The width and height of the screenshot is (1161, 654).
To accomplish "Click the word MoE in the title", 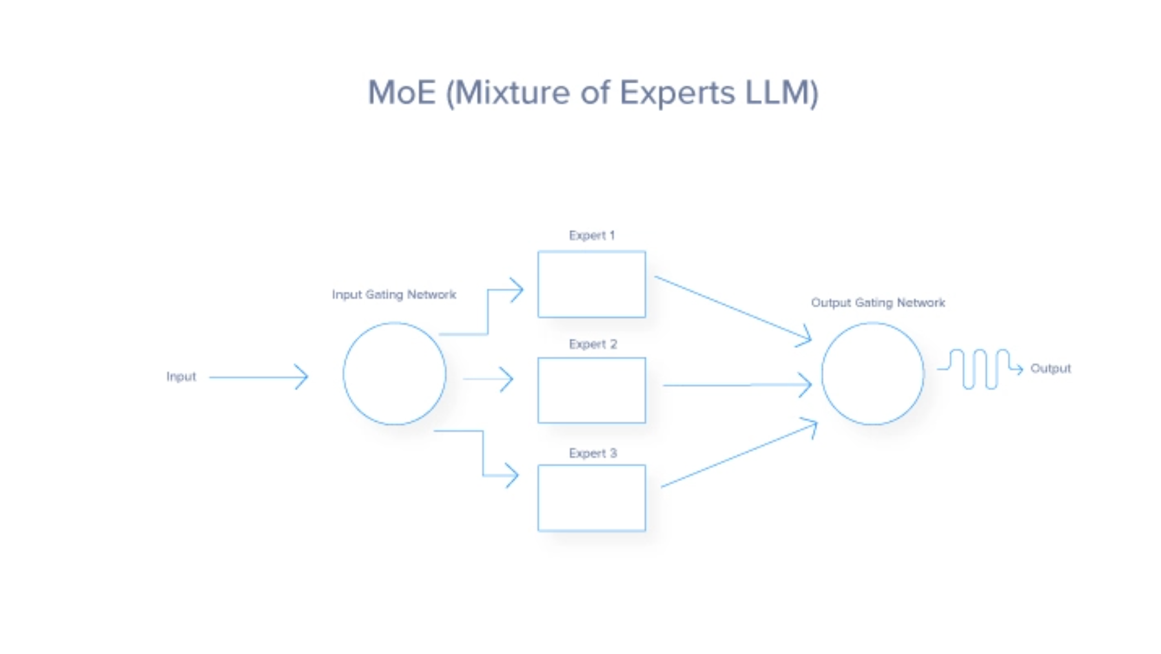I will (x=402, y=92).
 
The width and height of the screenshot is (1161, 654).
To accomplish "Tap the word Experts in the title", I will (x=677, y=92).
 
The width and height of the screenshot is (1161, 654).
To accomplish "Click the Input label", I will (x=181, y=376).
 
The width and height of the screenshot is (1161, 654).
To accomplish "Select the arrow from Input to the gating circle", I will (x=258, y=377).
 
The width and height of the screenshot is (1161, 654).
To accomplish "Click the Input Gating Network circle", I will (x=394, y=374).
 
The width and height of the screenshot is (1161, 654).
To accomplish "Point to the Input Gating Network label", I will (x=394, y=294).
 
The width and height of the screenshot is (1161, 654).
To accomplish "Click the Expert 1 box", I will (x=591, y=284).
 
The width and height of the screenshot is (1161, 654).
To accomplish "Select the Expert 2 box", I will (x=591, y=391).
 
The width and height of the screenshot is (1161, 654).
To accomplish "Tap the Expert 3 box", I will (x=591, y=498).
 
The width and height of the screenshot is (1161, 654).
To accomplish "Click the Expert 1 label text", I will (x=591, y=236).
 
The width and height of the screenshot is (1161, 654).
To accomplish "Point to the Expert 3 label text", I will (x=593, y=453).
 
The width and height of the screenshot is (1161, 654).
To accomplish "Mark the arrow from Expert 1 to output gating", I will (x=733, y=307).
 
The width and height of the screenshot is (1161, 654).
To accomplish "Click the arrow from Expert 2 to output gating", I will (x=736, y=385).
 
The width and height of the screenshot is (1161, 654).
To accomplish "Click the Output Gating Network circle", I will (x=872, y=374).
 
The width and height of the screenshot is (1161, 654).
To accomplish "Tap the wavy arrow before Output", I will (x=980, y=369).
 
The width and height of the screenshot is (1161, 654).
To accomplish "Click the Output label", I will (x=1051, y=369).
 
